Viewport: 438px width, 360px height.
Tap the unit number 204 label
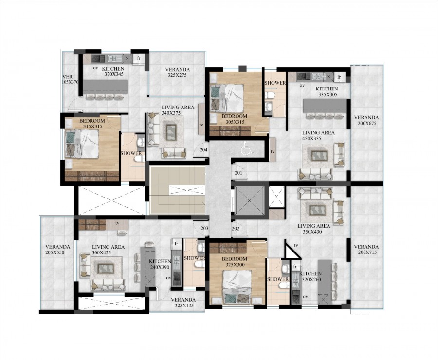pos(203,150)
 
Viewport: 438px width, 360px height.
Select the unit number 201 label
pos(238,173)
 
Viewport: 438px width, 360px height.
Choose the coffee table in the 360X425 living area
pos(105,268)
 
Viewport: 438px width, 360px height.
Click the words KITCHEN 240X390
pos(160,265)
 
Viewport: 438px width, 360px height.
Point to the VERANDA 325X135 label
pos(183,303)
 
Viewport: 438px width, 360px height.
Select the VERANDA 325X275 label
pos(177,72)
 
